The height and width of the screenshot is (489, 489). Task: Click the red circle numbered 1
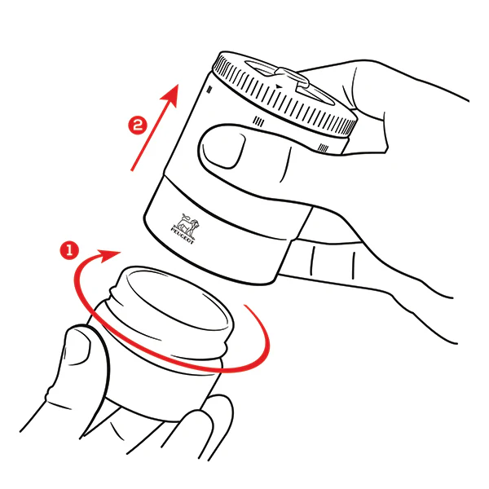[69, 249]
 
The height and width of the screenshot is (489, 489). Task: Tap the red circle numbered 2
[138, 126]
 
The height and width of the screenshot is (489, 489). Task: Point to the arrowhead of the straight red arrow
[170, 95]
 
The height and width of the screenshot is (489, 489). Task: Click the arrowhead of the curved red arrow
[109, 255]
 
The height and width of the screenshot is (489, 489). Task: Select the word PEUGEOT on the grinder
[182, 236]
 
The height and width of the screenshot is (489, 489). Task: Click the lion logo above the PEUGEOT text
[187, 225]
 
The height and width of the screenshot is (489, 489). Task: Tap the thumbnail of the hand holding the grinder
[222, 149]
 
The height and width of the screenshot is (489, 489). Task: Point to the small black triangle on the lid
[279, 86]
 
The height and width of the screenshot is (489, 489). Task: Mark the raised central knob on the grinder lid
[292, 78]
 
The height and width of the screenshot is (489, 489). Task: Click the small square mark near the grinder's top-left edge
[209, 90]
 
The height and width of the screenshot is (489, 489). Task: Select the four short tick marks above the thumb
[258, 121]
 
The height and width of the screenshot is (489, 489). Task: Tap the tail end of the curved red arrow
[245, 306]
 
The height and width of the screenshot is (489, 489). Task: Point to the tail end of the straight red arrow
[132, 170]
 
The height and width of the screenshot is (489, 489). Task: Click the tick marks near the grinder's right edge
[323, 148]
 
